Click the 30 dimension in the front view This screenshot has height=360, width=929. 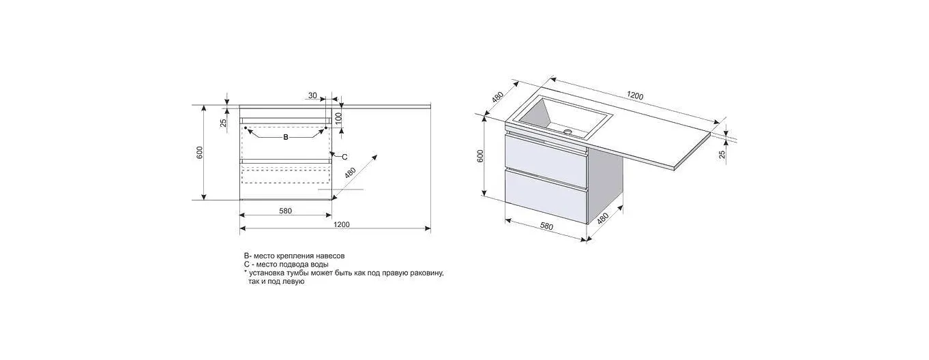(312, 95)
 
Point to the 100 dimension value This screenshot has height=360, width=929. (338, 119)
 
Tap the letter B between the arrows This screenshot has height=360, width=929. (285, 137)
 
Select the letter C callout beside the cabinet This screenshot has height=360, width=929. (344, 157)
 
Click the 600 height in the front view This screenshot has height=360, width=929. (199, 152)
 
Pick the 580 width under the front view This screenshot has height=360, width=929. (285, 211)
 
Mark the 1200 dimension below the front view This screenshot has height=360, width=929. (341, 224)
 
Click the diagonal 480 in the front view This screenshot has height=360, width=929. (350, 173)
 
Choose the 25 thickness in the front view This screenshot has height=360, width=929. (223, 123)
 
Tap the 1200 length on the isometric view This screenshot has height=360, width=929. (634, 96)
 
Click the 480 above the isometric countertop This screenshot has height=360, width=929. (497, 97)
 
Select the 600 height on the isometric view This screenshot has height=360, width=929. (480, 156)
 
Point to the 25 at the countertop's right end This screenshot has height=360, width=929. (722, 154)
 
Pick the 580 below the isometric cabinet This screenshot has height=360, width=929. (546, 226)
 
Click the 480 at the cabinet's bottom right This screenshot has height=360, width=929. (602, 219)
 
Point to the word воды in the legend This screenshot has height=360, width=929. (319, 265)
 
